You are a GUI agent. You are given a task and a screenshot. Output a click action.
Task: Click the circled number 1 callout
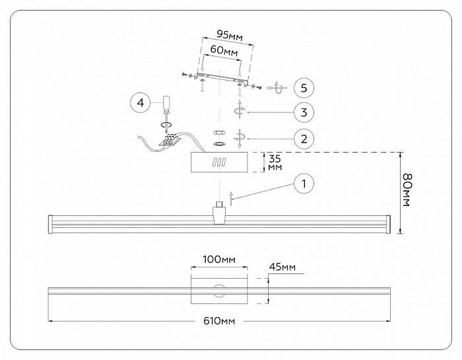point(304,184)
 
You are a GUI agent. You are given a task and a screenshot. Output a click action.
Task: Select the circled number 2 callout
point(304,139)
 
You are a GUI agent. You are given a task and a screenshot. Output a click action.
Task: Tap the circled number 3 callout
point(304,112)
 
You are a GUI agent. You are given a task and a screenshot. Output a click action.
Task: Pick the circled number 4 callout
point(141,103)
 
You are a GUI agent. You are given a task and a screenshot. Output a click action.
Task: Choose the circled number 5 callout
point(304,88)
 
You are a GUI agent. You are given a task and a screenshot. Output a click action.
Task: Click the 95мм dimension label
point(230,35)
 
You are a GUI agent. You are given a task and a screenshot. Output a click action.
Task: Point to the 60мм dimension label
point(224,50)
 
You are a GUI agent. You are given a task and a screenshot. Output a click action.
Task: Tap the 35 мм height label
point(275,162)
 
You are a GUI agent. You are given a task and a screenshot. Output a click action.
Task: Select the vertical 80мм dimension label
point(407,190)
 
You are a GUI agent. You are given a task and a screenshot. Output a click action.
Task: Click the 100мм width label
point(219,260)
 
